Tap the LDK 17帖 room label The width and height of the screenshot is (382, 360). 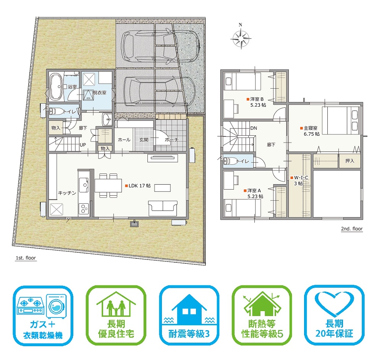coord(138,186)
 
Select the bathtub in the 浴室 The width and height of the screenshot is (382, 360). coord(55,86)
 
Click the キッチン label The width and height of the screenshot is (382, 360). coord(67,193)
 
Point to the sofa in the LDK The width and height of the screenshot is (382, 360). coord(163,208)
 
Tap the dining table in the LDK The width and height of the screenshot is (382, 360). coord(108,185)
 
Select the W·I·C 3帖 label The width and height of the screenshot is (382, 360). coord(299,180)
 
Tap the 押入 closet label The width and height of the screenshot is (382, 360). coord(350,161)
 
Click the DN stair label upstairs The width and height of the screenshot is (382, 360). coord(254,128)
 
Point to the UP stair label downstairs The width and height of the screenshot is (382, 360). coord(83,145)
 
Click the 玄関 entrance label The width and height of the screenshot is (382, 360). coord(144,139)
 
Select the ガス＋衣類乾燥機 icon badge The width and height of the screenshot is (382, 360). coord(43,316)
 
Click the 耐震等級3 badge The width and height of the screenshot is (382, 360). coord(189,316)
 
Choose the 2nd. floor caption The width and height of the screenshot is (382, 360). coord(352,229)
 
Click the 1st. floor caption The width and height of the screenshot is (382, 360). coord(26,258)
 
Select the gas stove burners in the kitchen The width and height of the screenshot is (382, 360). coord(84,208)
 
